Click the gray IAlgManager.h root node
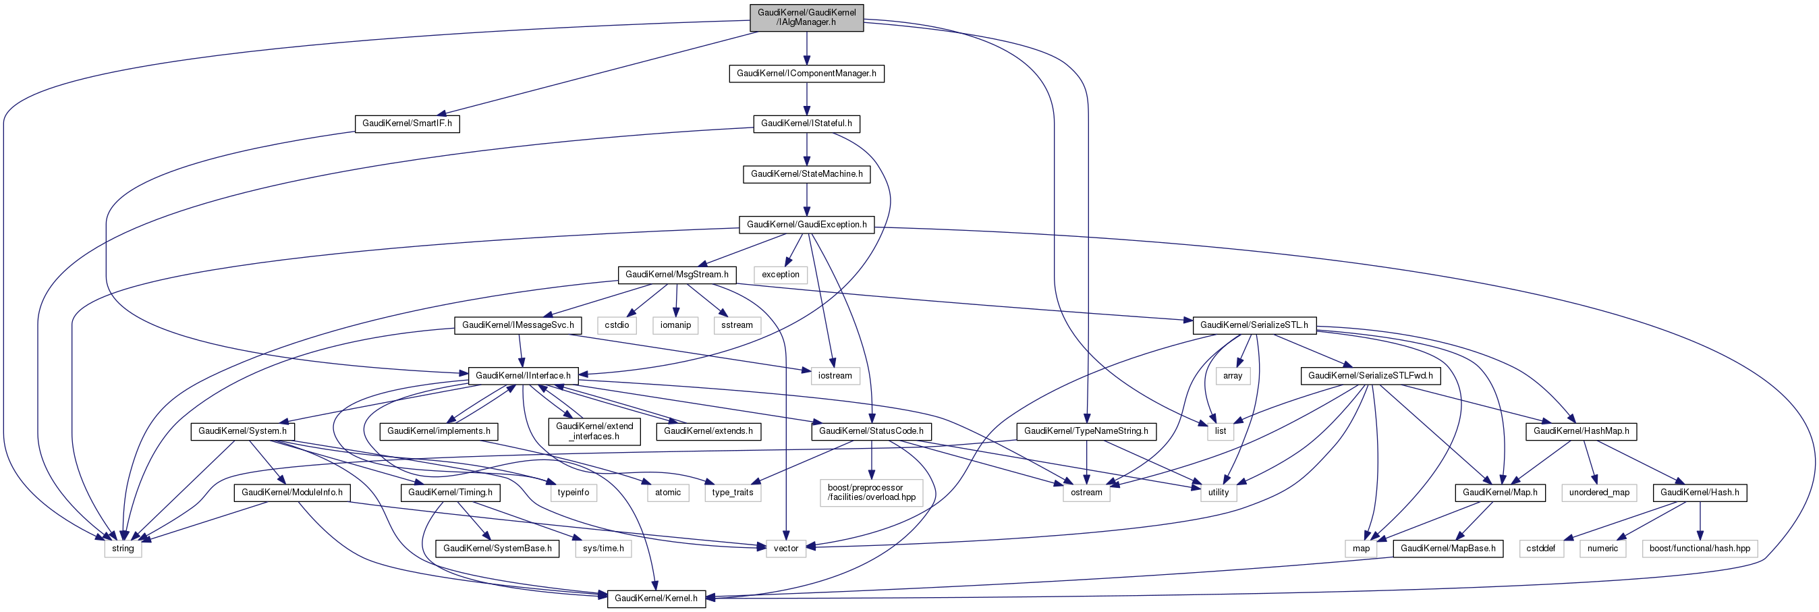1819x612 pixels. coord(806,18)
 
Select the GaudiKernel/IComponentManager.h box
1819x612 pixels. coord(806,74)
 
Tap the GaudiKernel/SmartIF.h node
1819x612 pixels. coord(407,123)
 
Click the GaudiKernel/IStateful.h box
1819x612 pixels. coord(806,123)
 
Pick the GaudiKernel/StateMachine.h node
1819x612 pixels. coord(806,174)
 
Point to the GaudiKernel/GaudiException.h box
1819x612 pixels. coord(806,225)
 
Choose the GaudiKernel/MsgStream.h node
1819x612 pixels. coord(677,275)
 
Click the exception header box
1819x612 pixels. coord(780,275)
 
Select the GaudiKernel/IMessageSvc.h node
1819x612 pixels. coord(517,325)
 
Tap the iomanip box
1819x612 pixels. coord(675,325)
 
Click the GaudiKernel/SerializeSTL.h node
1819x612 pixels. coord(1254,325)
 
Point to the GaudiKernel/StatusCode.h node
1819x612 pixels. coord(870,431)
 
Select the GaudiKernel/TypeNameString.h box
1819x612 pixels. coord(1086,431)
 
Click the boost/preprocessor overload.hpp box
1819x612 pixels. coord(871,493)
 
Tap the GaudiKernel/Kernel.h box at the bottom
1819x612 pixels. coord(655,599)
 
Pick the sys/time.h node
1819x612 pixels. coord(603,549)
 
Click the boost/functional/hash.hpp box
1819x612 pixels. coord(1700,549)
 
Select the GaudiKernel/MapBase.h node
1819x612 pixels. coord(1447,549)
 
